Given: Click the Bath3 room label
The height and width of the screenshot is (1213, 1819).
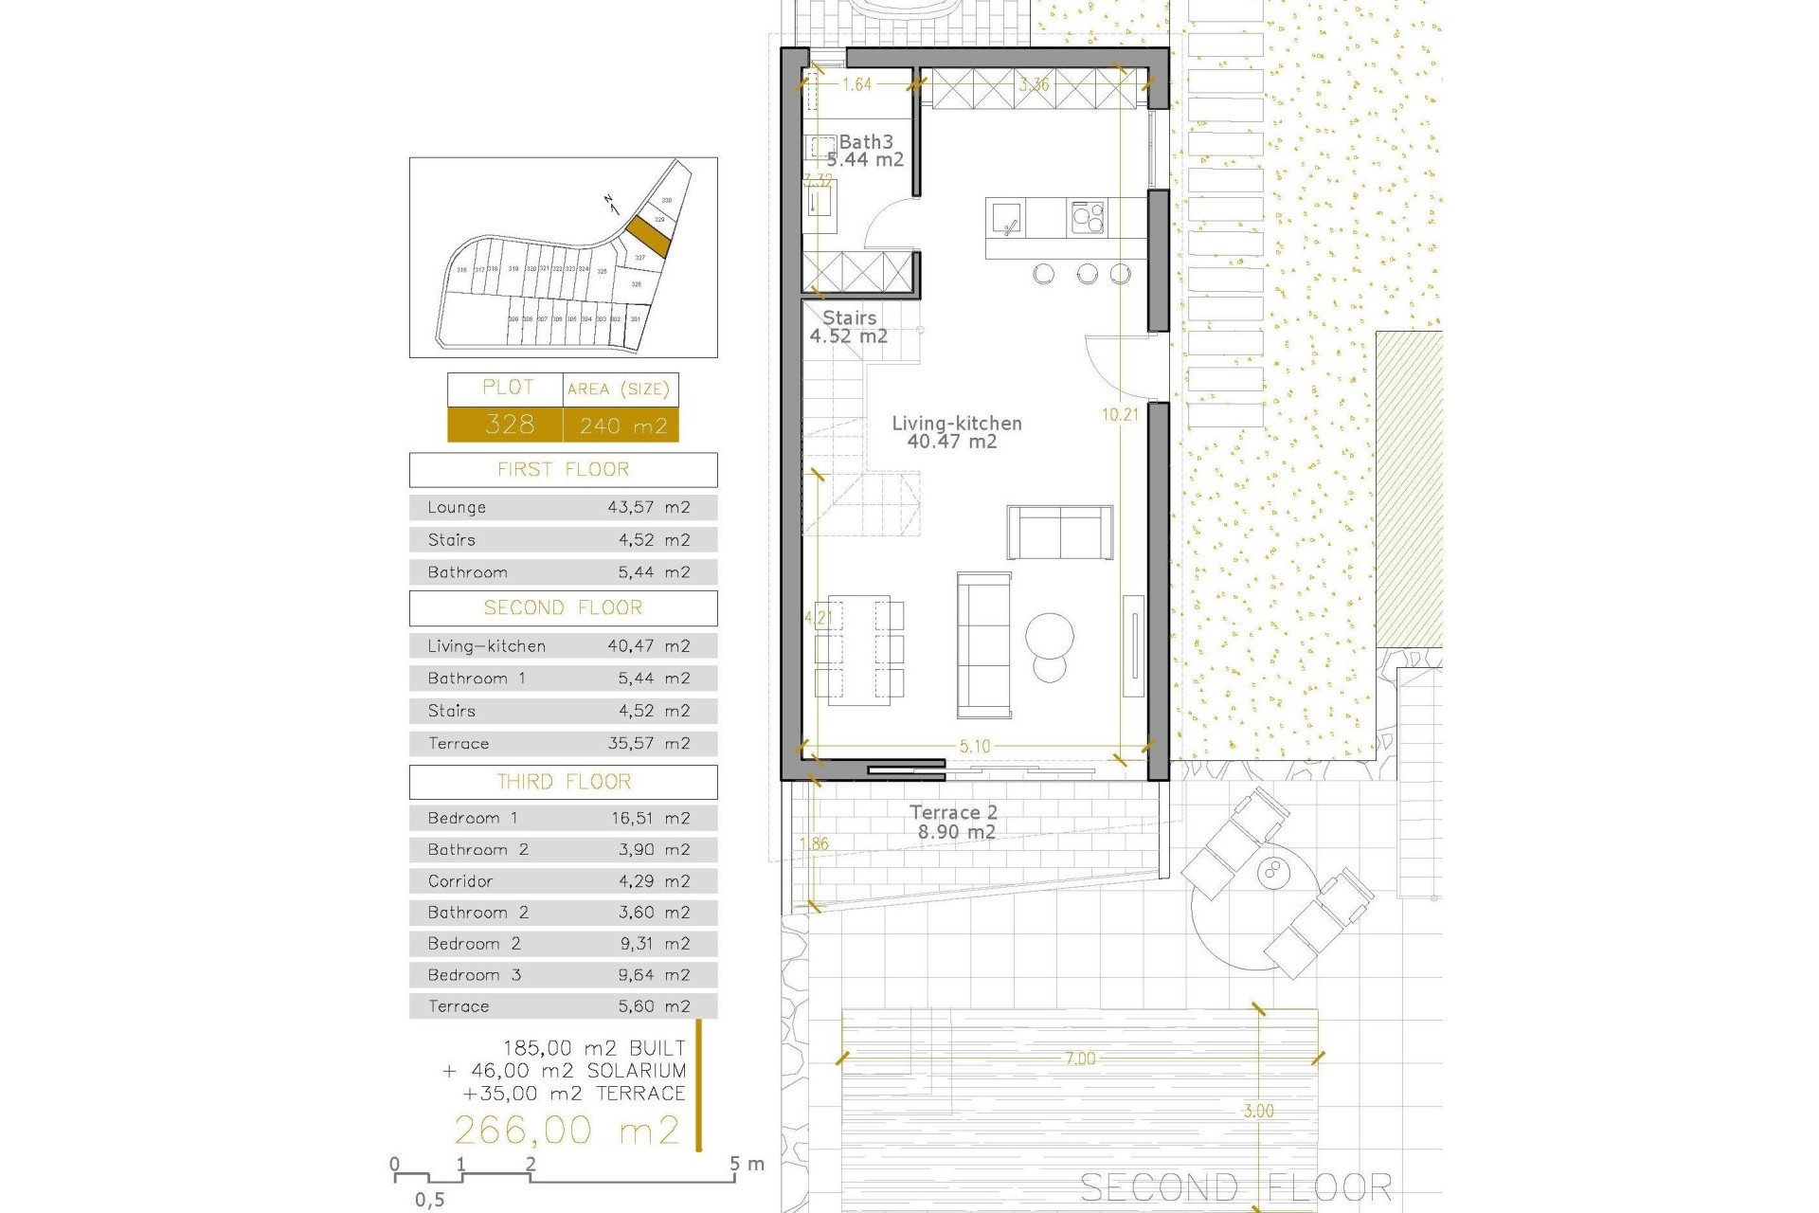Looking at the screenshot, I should tap(865, 142).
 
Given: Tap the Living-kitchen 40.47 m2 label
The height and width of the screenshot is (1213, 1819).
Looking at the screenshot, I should tap(956, 432).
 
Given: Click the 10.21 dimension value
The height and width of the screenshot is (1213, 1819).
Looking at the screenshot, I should tap(1120, 414).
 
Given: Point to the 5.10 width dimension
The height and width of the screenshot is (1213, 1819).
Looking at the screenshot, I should tap(975, 746).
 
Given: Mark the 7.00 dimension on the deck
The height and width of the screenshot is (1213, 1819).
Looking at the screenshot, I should tap(1080, 1059).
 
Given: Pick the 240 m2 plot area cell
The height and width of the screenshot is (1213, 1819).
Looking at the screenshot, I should tap(622, 425).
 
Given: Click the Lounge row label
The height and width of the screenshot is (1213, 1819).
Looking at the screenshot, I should tap(457, 507).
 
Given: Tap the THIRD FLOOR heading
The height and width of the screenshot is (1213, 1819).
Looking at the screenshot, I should tap(564, 782).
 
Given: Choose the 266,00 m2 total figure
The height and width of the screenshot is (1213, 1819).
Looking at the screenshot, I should tap(567, 1130).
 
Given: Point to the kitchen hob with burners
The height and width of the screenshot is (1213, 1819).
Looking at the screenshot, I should tap(1088, 218).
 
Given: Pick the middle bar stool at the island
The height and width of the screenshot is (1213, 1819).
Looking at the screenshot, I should tap(1088, 275).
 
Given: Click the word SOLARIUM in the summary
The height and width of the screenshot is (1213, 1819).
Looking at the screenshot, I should tap(636, 1071).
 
